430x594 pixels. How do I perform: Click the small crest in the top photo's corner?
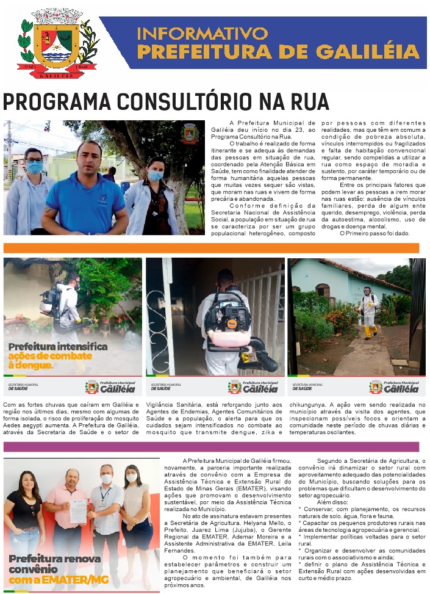(x=189, y=133)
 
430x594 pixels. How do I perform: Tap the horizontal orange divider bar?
(x=211, y=248)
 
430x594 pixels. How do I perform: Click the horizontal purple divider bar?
(x=211, y=446)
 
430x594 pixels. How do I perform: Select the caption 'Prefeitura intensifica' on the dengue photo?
(x=57, y=347)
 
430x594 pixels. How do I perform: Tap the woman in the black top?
(x=24, y=519)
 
